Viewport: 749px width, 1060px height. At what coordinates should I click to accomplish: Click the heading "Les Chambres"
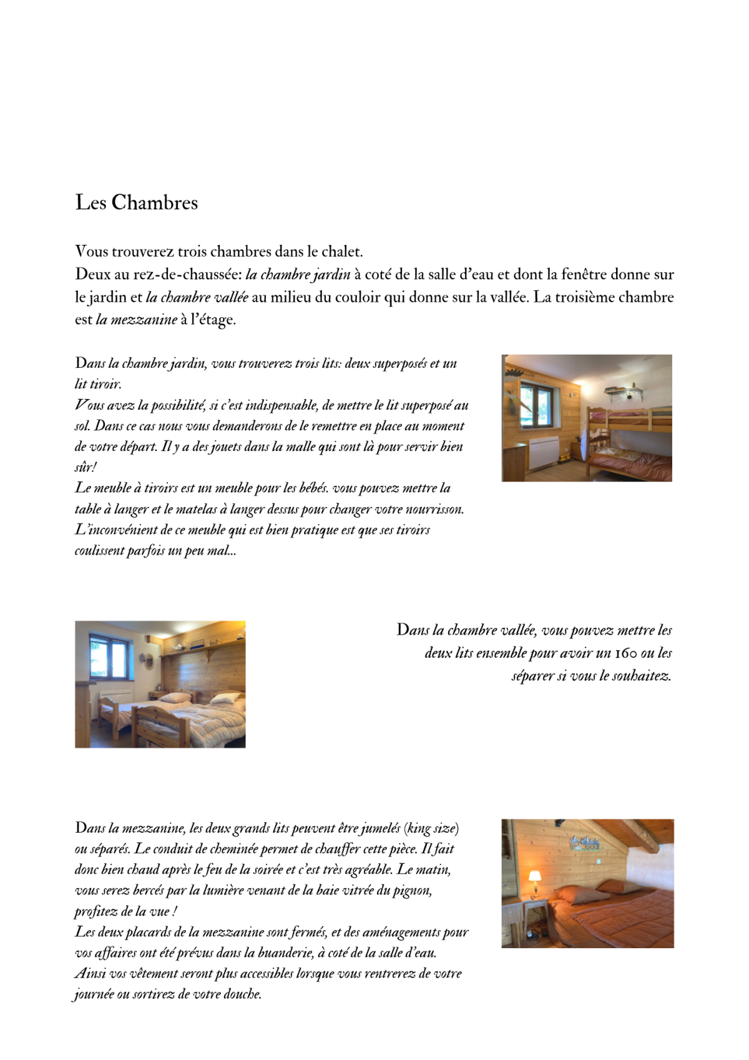pyautogui.click(x=136, y=202)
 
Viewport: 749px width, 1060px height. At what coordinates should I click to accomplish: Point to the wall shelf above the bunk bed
pyautogui.click(x=624, y=392)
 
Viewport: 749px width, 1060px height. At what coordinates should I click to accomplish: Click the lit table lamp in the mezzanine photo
pyautogui.click(x=534, y=877)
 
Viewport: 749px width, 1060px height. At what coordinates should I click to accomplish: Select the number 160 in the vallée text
pyautogui.click(x=625, y=653)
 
